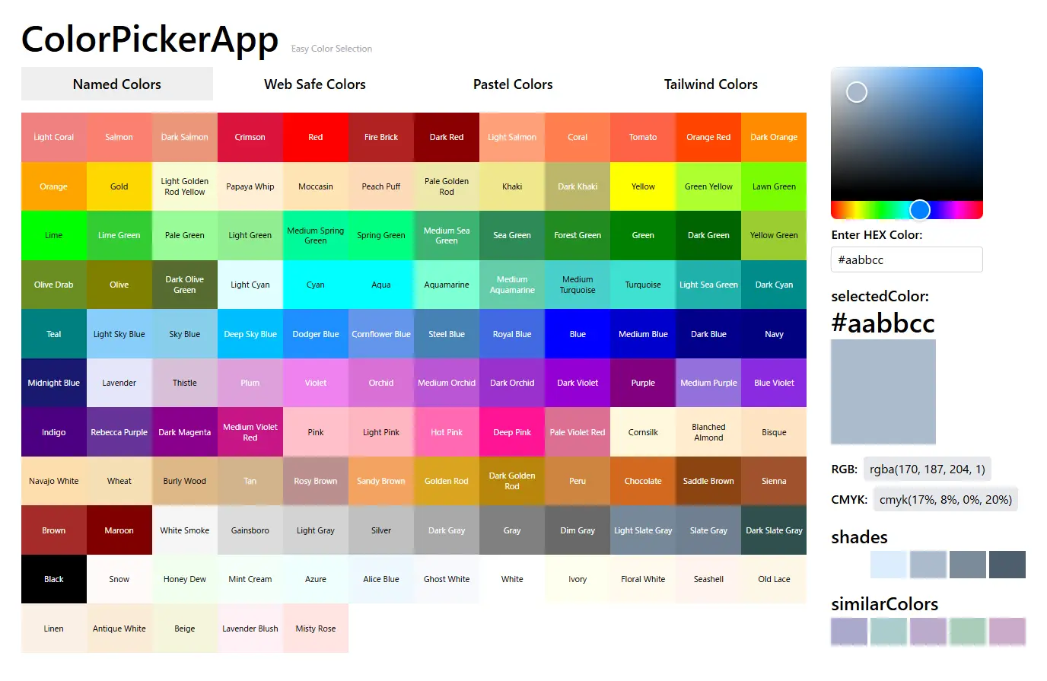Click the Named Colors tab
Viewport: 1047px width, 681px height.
point(117,84)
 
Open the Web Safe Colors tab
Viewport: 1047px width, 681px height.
point(315,84)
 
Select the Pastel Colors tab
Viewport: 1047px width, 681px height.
point(513,84)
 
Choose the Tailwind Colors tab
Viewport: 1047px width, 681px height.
point(711,84)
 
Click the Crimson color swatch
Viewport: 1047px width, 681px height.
point(250,138)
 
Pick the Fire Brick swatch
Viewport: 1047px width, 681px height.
point(381,138)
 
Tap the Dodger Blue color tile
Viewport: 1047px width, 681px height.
point(316,334)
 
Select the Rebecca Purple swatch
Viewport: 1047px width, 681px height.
point(119,432)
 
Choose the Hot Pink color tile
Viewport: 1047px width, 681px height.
point(447,432)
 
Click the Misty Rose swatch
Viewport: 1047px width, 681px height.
point(316,628)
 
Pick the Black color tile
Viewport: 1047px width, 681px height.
point(54,579)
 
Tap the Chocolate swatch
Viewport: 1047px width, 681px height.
point(643,481)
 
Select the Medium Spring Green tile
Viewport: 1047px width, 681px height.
point(316,236)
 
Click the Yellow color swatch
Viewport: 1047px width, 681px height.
point(643,186)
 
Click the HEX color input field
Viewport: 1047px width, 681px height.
point(906,259)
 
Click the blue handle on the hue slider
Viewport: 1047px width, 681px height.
point(920,209)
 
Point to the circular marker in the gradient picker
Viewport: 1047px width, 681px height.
point(857,92)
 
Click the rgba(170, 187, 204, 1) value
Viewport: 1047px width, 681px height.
point(928,469)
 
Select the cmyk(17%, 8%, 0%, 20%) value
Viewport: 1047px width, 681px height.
point(946,500)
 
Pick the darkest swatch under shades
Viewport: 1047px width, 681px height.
point(1007,565)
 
